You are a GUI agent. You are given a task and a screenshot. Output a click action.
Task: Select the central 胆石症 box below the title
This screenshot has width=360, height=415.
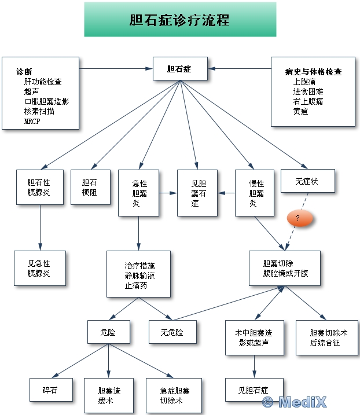(179, 68)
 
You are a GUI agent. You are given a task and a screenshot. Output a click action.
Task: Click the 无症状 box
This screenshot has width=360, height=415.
(307, 181)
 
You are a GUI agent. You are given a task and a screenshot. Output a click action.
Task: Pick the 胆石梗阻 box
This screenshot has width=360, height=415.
(91, 186)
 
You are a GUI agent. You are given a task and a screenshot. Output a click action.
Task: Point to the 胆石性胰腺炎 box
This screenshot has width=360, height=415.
(39, 186)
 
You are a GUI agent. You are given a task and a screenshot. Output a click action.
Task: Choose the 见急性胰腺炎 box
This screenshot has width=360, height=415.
(39, 267)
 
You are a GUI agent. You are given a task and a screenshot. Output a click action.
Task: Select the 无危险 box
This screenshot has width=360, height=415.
(172, 332)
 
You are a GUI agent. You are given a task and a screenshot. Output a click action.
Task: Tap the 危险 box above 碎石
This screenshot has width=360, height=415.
(109, 332)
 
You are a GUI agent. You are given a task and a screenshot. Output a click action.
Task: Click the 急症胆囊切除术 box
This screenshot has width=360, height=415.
(175, 395)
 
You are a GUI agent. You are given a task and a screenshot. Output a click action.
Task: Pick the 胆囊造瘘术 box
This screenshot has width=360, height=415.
(109, 395)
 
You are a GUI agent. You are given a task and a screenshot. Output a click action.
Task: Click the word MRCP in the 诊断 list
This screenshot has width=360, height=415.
(32, 122)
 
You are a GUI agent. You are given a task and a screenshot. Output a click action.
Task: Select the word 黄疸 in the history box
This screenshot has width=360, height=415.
(300, 111)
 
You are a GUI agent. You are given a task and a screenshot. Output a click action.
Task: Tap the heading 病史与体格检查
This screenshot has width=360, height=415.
(313, 72)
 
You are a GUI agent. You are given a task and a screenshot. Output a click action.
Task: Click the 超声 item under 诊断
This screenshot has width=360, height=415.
(31, 91)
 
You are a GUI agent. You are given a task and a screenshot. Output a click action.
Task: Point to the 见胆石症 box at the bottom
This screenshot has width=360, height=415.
(254, 389)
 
